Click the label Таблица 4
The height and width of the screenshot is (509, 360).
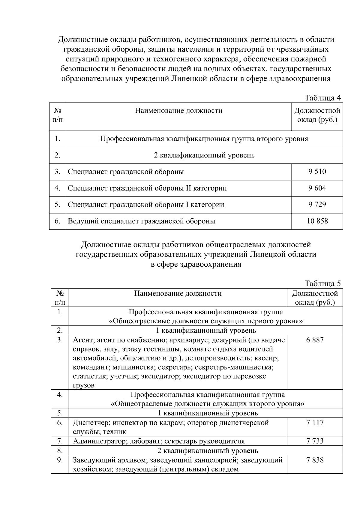click(x=322, y=98)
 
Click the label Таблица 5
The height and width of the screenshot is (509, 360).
click(x=322, y=283)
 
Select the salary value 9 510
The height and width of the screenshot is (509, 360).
click(x=317, y=172)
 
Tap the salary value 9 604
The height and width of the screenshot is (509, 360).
click(x=317, y=188)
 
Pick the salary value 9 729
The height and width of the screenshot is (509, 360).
click(x=317, y=205)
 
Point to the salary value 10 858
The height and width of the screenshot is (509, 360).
click(x=317, y=221)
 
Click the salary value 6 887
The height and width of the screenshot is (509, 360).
click(x=315, y=340)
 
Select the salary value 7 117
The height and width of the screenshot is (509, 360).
click(x=315, y=422)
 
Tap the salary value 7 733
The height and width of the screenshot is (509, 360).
click(x=315, y=441)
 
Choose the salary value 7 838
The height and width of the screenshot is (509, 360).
click(x=315, y=460)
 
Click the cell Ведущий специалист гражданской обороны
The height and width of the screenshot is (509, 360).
click(x=141, y=221)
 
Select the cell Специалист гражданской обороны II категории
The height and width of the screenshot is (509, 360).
click(x=147, y=188)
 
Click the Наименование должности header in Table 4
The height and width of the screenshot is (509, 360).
click(x=178, y=111)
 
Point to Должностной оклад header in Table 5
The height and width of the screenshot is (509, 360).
click(x=315, y=298)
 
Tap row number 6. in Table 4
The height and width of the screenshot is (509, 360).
click(x=58, y=221)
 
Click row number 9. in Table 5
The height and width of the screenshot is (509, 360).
click(x=60, y=460)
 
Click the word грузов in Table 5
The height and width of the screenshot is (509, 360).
click(x=84, y=385)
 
